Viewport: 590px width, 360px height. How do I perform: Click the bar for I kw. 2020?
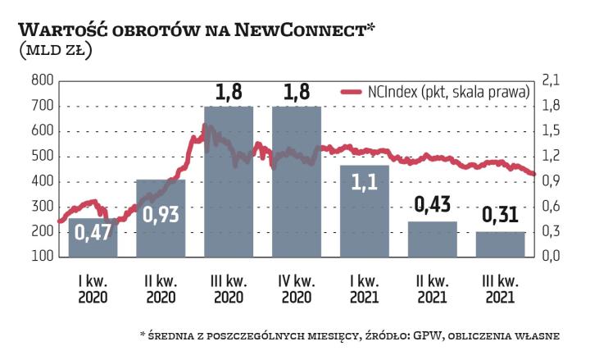coord(93,238)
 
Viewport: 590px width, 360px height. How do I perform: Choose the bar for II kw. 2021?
coord(433,239)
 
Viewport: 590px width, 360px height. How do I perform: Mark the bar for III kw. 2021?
coord(500,244)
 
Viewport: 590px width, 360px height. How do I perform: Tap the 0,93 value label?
coord(161,214)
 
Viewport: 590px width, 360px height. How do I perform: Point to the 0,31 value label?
coord(500,216)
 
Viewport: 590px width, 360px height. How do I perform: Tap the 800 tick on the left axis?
coord(42,80)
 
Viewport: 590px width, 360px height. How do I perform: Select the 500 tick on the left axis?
coord(42,156)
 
